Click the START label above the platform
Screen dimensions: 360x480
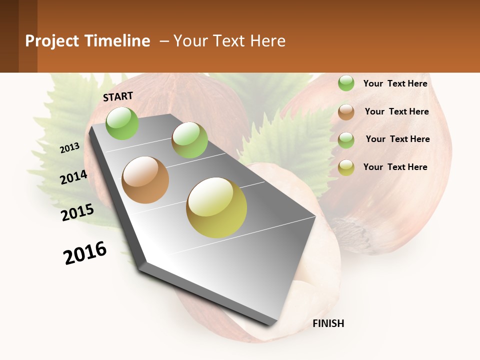click(x=118, y=96)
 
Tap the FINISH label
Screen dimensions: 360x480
click(x=328, y=323)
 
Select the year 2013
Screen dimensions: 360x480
click(x=69, y=148)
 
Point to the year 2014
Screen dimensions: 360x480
click(x=73, y=177)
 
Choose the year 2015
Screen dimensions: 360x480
click(x=77, y=212)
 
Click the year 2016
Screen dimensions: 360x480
click(x=85, y=253)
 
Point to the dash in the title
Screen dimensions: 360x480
click(x=163, y=41)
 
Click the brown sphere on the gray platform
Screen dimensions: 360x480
click(x=145, y=180)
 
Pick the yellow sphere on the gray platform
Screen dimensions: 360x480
click(x=216, y=207)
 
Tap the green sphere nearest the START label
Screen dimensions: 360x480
click(x=122, y=123)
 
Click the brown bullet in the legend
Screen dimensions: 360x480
click(x=346, y=112)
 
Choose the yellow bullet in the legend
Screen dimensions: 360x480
click(x=346, y=167)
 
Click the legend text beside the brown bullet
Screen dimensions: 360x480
click(x=396, y=111)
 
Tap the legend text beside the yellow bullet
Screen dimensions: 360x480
click(x=395, y=167)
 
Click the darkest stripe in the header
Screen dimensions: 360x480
click(x=9, y=36)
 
